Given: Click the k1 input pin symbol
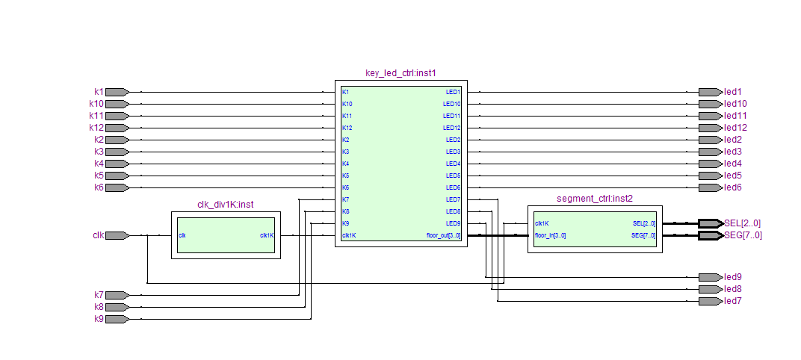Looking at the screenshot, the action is click(x=117, y=92).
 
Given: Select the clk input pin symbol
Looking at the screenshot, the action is click(x=117, y=235).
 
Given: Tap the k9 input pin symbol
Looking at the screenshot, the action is click(x=117, y=319).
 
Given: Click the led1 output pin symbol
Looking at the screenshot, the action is click(x=711, y=92).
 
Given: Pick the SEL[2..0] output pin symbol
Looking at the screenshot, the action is click(x=711, y=223).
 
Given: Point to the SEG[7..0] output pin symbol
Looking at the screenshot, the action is click(x=711, y=235).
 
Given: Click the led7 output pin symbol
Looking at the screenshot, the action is click(x=711, y=301).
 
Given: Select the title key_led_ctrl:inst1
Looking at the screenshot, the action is click(x=400, y=73).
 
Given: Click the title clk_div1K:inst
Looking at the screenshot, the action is click(x=226, y=205).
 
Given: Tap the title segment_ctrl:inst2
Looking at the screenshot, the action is click(x=595, y=199).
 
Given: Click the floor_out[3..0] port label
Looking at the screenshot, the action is click(x=443, y=235).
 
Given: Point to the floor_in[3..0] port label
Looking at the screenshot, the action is click(x=550, y=235).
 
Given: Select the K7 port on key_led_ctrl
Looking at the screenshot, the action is click(x=346, y=199).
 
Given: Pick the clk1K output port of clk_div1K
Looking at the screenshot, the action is click(x=267, y=235).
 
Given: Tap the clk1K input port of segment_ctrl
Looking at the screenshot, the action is click(x=542, y=223).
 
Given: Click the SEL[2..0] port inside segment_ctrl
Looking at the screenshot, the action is click(x=643, y=223).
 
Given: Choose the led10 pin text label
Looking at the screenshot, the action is click(x=735, y=104).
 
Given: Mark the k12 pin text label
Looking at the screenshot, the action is click(x=96, y=128).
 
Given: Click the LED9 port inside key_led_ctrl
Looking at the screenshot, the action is click(x=453, y=223).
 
